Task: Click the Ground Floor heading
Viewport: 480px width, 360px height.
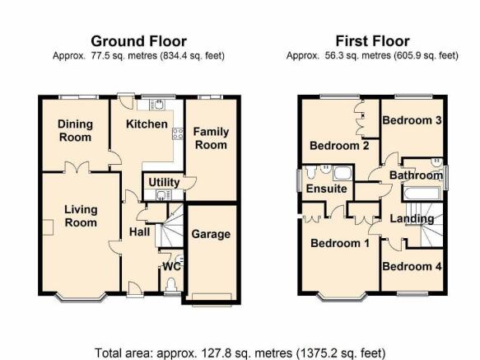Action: coord(138,41)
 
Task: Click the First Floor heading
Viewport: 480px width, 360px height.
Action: coord(372,41)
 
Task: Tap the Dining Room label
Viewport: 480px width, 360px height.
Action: coord(75,130)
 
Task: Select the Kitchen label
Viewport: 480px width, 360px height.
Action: coord(147,124)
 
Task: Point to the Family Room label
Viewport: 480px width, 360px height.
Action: coord(211,138)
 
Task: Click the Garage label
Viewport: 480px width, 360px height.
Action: coord(211,234)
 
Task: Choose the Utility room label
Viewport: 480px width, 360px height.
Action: coord(164,182)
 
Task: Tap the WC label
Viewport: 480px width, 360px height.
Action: coord(172,267)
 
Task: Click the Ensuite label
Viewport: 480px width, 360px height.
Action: coord(327,189)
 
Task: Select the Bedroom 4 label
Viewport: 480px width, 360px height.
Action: coord(412,266)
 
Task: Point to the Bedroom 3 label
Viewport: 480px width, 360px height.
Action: coord(412,120)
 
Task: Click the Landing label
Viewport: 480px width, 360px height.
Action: coord(412,219)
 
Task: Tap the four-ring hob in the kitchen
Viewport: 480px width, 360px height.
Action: coord(178,133)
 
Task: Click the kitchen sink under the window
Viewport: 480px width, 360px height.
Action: coord(157,105)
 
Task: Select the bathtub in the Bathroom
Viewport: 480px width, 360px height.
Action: coord(422,194)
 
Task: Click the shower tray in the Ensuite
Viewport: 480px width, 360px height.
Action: coord(343,174)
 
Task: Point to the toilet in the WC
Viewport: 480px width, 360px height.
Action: coord(171,284)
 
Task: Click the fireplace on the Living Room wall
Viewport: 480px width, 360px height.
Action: coord(48,227)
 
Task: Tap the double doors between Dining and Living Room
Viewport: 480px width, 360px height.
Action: coord(77,167)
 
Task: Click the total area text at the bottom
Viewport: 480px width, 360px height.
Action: coord(240,353)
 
